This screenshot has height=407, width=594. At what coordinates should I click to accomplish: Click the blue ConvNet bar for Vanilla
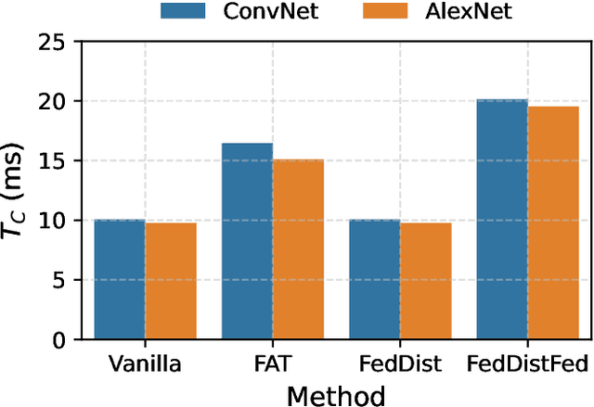coord(120,280)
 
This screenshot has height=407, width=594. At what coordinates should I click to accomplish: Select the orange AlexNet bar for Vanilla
coord(170,281)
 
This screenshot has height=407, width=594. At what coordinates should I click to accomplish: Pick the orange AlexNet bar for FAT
coord(298,249)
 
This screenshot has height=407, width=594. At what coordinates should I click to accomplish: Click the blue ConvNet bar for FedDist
coord(374,280)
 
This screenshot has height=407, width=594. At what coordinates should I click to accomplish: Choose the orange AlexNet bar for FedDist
coord(425,281)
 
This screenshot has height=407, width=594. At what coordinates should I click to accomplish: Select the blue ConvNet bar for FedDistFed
coord(501,220)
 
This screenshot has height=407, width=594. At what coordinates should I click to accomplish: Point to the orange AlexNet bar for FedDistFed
coord(552,223)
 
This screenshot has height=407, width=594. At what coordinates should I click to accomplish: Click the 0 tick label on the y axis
coord(60,340)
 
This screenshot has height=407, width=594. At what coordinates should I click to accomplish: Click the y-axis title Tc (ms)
coord(19,190)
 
